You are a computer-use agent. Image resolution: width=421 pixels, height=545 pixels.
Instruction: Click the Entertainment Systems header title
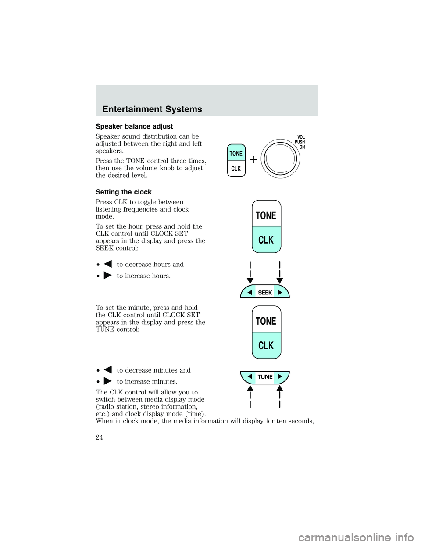[152, 109]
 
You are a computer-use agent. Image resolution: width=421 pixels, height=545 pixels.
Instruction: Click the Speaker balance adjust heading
[134, 126]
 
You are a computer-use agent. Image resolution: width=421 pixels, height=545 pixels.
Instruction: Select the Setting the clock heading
[124, 192]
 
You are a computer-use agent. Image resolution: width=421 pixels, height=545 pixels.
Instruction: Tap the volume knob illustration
[280, 159]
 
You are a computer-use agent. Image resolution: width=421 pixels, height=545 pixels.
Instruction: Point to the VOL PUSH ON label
[300, 142]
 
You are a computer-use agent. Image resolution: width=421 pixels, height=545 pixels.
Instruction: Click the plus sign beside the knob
[253, 160]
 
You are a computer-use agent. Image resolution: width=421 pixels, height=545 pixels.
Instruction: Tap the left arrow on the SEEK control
[250, 292]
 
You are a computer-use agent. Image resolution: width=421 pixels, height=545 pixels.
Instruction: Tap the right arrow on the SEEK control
[280, 292]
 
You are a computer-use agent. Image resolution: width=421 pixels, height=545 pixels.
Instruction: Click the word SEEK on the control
[265, 293]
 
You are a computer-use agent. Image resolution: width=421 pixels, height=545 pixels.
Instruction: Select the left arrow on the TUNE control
[250, 376]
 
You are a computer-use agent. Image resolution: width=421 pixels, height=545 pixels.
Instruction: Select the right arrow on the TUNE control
[280, 376]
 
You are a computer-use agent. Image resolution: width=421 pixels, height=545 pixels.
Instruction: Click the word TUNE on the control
[265, 376]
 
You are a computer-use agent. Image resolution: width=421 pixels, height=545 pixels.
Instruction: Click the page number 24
[99, 437]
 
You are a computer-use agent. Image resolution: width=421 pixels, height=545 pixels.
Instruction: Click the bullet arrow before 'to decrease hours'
[107, 264]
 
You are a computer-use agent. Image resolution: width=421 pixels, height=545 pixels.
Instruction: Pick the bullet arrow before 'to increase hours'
[107, 276]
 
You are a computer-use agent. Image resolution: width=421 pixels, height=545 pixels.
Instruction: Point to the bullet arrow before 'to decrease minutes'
[107, 370]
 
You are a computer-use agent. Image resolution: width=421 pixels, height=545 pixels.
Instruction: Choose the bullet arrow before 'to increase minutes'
[107, 381]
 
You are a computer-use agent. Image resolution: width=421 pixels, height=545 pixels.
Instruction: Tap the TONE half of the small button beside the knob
[236, 153]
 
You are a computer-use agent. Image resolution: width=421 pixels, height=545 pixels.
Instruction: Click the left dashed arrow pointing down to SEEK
[250, 272]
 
